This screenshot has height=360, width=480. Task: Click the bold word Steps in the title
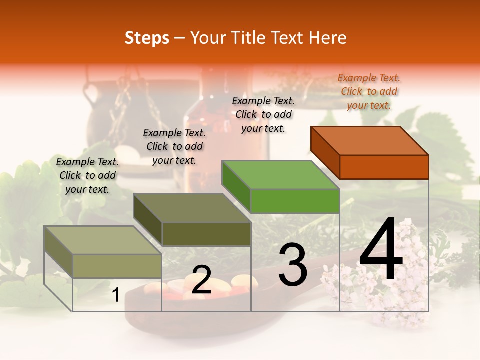(x=147, y=38)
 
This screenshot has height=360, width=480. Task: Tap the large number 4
(x=381, y=251)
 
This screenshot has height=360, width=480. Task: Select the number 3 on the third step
(x=293, y=265)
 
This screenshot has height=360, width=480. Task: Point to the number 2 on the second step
(x=201, y=280)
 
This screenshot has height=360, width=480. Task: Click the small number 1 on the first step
(x=115, y=295)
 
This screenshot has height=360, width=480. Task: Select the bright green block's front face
(x=295, y=201)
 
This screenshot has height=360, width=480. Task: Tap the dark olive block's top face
(x=192, y=208)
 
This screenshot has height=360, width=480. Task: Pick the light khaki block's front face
(x=117, y=266)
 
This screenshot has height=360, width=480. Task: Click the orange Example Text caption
(x=369, y=91)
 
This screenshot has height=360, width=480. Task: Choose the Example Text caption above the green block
(x=263, y=114)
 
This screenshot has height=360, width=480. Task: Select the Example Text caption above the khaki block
(x=87, y=175)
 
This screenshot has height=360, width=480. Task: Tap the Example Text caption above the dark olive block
(x=174, y=146)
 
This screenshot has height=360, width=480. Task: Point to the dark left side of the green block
(x=236, y=185)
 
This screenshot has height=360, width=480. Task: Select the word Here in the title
(x=328, y=38)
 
